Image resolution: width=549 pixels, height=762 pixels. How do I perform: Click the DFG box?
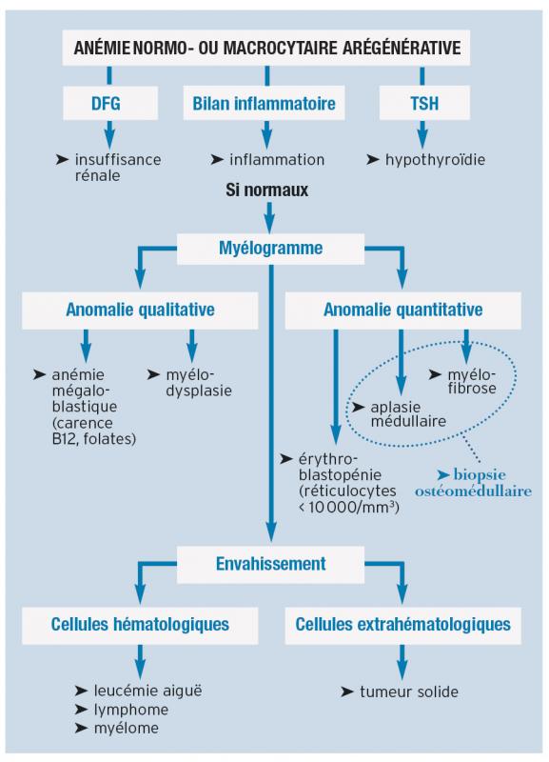click(x=110, y=103)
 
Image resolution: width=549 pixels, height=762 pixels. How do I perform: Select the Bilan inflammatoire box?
click(x=264, y=103)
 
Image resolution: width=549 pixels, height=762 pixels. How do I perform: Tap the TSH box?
click(x=424, y=103)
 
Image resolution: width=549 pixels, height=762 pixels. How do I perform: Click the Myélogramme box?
click(x=270, y=249)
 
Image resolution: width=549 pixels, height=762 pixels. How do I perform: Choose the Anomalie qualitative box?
click(x=140, y=311)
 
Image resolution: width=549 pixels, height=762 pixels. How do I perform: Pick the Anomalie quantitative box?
click(x=402, y=311)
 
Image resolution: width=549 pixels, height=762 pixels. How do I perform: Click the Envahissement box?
click(x=270, y=564)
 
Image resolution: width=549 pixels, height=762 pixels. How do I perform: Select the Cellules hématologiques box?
click(x=140, y=626)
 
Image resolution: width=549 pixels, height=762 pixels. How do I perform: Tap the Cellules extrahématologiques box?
click(x=402, y=626)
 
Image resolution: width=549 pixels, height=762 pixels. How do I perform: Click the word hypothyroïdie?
click(x=435, y=160)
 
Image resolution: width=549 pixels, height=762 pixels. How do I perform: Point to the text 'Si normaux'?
click(x=267, y=190)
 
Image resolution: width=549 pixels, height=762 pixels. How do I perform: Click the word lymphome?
click(x=131, y=710)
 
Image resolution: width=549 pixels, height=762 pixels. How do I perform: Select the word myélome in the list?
click(x=127, y=728)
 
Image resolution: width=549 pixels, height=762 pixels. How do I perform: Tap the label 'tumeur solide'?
click(x=409, y=692)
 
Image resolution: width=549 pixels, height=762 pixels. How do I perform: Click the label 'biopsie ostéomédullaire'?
click(x=473, y=483)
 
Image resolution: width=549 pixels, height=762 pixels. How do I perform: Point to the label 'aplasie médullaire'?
click(x=408, y=414)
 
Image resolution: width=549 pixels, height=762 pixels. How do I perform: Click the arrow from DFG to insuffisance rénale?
click(x=109, y=134)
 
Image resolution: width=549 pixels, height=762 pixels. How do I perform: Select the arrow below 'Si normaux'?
click(x=269, y=217)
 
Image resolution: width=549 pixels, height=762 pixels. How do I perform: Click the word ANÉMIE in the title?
click(x=102, y=48)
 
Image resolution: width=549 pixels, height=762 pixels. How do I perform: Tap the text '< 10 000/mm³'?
click(x=349, y=508)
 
